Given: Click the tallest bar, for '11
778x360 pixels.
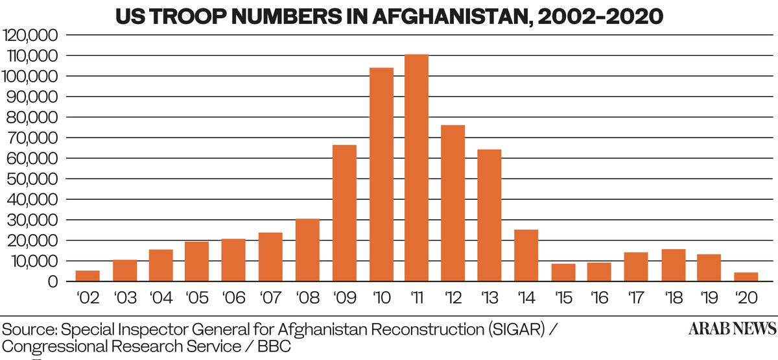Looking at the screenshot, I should coord(416,169).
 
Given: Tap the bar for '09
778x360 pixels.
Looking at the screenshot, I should coord(344,214).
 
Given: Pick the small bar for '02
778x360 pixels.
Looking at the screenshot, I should coord(88,276).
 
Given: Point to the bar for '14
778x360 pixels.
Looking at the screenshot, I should coord(526,256).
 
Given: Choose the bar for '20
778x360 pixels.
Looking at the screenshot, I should coord(746,277).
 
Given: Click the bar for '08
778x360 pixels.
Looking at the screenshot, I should coord(307,250).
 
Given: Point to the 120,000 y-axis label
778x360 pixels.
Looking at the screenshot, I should coord(32,35).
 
